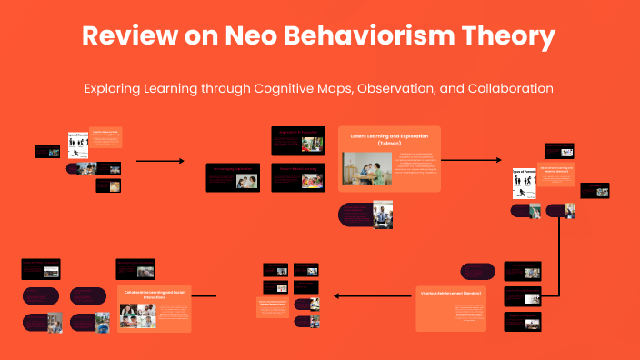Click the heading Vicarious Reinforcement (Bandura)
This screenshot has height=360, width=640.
[x=450, y=294]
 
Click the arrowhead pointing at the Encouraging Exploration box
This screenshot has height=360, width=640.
[x=181, y=162]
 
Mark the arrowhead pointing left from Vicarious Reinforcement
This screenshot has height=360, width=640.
[x=337, y=295]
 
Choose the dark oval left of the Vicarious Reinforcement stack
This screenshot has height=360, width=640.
[x=477, y=271]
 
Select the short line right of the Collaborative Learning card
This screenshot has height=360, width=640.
[x=205, y=295]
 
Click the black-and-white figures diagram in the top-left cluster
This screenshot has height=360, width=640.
[x=77, y=143]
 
